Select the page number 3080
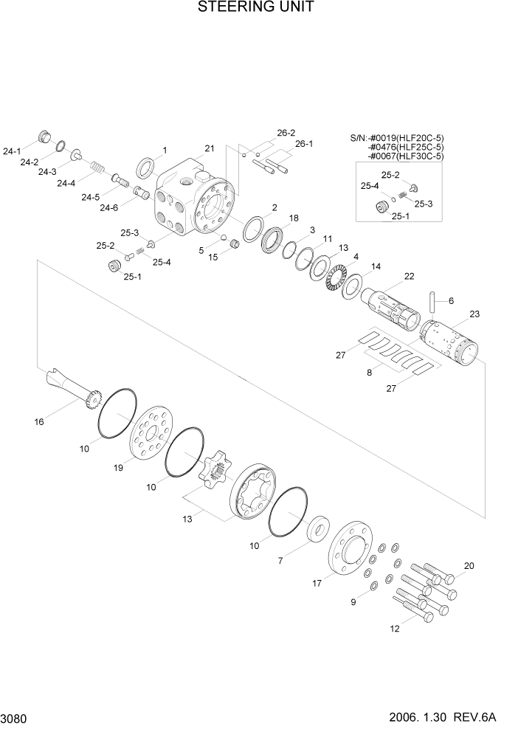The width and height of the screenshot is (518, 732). tap(15, 717)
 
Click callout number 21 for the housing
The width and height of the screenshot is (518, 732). tap(210, 148)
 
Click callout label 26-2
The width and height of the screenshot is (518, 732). tap(286, 133)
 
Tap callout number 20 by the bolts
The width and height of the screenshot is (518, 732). tap(469, 567)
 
